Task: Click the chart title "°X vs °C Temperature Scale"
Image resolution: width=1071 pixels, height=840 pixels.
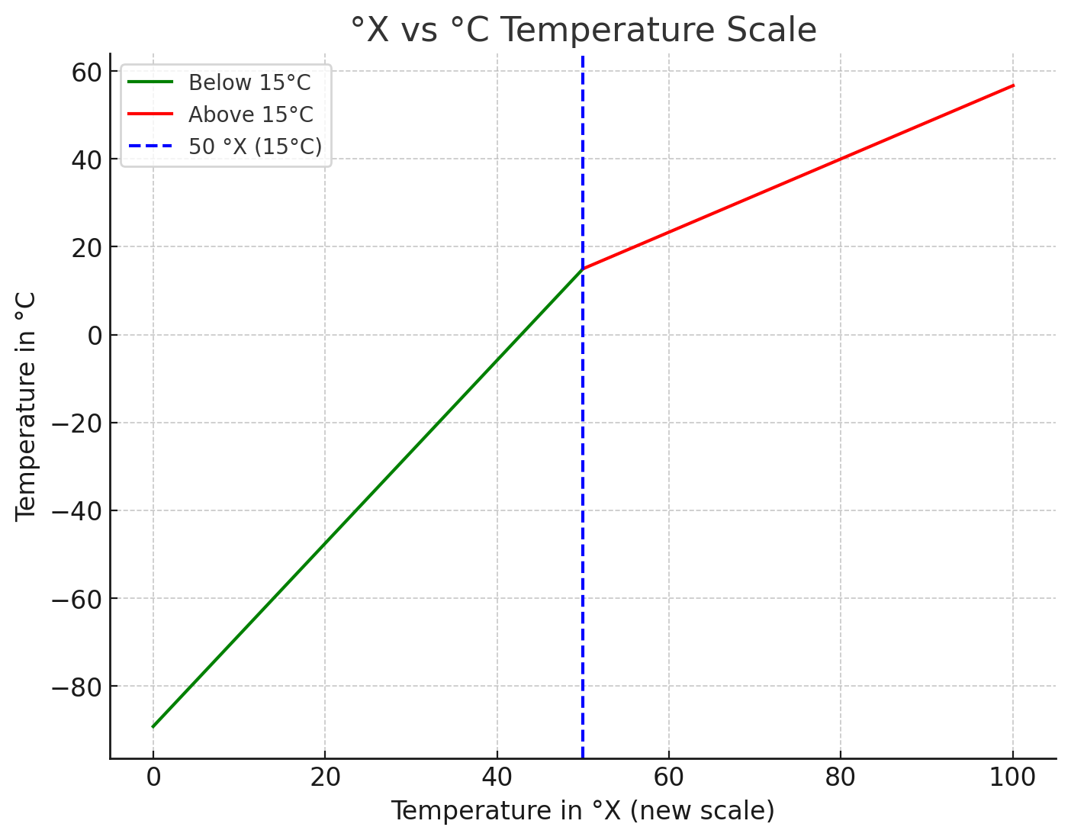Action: [x=584, y=31]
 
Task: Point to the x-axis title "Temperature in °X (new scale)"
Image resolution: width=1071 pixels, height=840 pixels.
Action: [x=583, y=810]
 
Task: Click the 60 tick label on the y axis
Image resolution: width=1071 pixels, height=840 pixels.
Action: [x=87, y=72]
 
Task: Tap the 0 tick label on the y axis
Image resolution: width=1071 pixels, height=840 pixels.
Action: [x=95, y=335]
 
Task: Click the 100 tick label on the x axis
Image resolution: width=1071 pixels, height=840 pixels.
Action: [x=1013, y=777]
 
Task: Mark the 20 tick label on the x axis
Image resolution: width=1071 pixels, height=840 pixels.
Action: [x=325, y=777]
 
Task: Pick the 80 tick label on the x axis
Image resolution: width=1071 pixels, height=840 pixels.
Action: [x=841, y=777]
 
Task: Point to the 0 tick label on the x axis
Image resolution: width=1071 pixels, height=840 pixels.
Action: [x=153, y=777]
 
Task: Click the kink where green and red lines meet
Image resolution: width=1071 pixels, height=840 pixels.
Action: [x=583, y=269]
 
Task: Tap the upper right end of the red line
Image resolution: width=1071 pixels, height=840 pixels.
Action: [x=1013, y=85]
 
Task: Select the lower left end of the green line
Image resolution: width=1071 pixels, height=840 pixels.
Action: [x=153, y=726]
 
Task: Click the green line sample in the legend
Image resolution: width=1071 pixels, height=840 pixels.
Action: [x=150, y=82]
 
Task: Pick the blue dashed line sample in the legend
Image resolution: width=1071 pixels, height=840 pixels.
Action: [x=150, y=146]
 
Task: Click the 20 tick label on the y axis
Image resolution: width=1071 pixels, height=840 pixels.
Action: [x=87, y=247]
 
